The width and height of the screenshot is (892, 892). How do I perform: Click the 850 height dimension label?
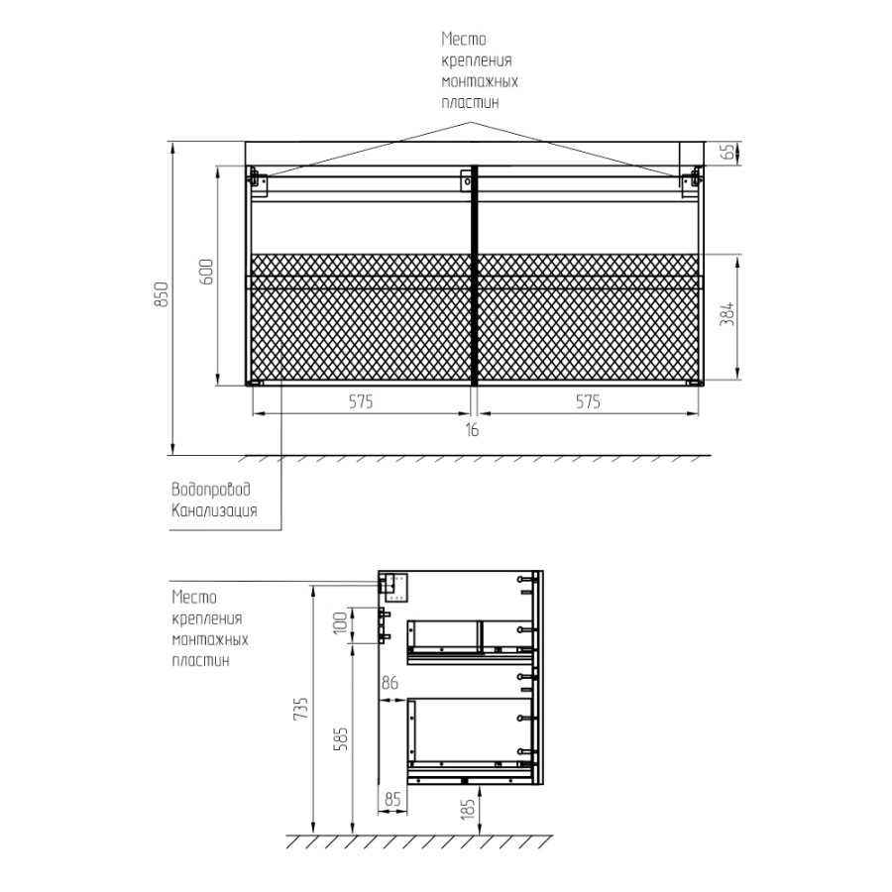[163, 294]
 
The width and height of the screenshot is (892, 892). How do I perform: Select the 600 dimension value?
[206, 272]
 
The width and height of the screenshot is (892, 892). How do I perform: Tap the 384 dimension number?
[727, 314]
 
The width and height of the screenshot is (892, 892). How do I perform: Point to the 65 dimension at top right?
[727, 152]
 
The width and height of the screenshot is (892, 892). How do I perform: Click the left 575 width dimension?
[361, 402]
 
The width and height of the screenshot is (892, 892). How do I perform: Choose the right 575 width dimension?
[588, 402]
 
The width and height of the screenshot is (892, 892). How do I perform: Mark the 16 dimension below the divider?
[472, 430]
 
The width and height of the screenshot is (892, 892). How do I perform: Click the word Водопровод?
[211, 490]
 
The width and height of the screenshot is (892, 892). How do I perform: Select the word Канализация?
[214, 510]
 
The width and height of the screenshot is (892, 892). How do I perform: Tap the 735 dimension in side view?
[300, 709]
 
